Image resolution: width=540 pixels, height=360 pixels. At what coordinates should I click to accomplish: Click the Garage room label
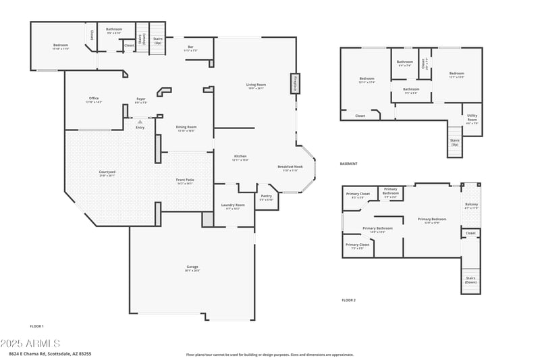point(192,267)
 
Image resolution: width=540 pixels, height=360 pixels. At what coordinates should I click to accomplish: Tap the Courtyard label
point(107,172)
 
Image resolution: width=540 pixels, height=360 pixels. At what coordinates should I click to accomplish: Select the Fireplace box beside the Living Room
point(295,83)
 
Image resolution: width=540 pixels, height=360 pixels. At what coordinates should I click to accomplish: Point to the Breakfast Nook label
point(290,167)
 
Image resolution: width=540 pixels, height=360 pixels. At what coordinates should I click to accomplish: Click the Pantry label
point(266,197)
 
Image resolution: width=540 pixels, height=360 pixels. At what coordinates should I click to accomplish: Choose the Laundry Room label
point(233,205)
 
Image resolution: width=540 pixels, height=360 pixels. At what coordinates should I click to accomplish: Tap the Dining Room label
point(186,127)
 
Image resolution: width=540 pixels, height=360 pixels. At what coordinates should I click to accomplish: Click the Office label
point(94,99)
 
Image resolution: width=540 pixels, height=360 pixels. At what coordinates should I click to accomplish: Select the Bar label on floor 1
point(190,47)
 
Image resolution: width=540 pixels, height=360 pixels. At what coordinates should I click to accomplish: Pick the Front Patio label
point(185,180)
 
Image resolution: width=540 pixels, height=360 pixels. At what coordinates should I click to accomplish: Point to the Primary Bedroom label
point(432,220)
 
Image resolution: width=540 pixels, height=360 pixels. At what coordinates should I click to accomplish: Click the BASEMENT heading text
point(349,163)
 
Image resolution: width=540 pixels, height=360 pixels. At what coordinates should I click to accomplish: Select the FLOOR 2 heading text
point(348,299)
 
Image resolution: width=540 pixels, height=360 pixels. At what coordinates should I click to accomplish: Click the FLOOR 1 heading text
point(36,326)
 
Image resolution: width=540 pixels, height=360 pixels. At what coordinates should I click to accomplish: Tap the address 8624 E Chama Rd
point(50,353)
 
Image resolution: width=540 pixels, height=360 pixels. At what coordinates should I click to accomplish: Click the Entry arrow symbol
point(140,122)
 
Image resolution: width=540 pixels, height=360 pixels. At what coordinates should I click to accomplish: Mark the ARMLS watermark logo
point(30,343)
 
